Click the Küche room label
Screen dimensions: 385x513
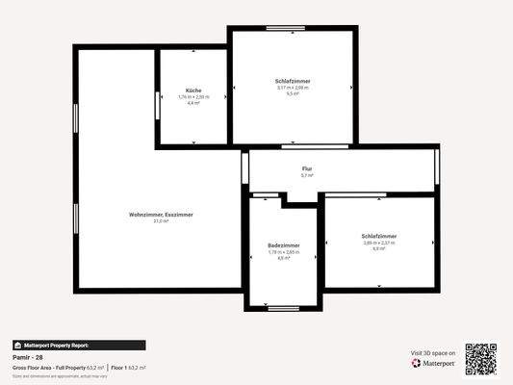click(193, 90)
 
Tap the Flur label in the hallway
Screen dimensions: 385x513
click(306, 168)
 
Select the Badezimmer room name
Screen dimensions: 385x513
click(283, 245)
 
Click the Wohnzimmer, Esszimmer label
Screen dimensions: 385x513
click(161, 214)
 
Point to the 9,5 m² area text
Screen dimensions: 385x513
click(293, 94)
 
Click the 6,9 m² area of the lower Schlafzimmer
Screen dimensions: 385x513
click(379, 248)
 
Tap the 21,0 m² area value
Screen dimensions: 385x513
click(161, 220)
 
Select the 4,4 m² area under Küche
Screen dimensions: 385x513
click(193, 102)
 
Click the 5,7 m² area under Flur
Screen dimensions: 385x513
click(306, 176)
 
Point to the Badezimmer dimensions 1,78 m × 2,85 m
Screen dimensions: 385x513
click(283, 252)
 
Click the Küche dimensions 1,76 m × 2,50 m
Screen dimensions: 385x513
click(193, 96)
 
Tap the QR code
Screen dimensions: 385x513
click(481, 359)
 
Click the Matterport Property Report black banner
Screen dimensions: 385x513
click(79, 345)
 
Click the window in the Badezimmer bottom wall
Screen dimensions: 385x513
click(284, 309)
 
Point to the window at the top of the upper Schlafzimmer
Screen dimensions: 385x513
click(285, 27)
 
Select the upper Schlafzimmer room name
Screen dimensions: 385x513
click(293, 81)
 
